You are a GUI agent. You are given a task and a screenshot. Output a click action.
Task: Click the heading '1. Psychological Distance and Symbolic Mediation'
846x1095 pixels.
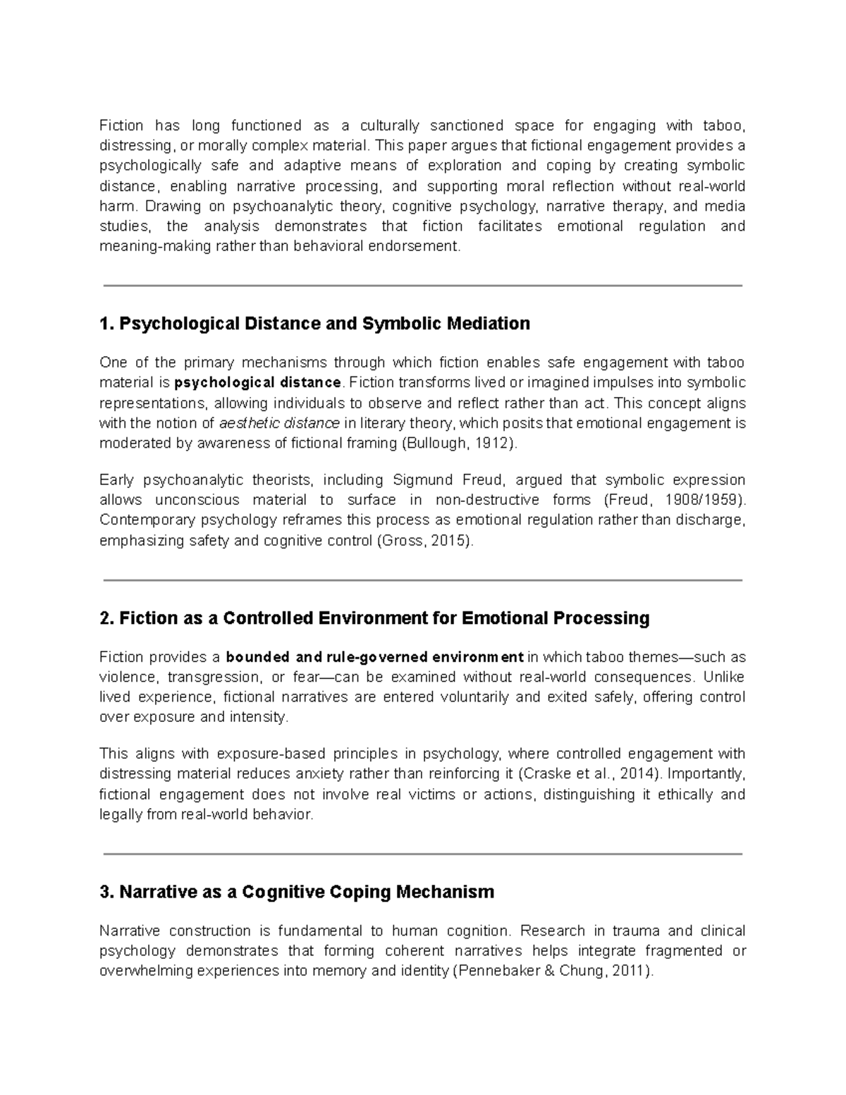pos(314,324)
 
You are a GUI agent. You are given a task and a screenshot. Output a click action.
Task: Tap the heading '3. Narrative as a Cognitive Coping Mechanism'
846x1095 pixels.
pos(297,892)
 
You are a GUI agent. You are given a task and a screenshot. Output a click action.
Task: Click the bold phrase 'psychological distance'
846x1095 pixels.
pos(257,383)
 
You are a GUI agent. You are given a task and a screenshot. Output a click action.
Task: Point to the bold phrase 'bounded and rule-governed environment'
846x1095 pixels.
pos(374,658)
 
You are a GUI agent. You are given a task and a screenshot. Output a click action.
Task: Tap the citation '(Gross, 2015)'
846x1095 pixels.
pos(426,541)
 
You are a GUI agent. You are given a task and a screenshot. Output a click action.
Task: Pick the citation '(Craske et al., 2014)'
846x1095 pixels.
pos(591,773)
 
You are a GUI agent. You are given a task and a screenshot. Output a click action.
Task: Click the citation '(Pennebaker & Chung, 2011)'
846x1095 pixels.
pos(553,971)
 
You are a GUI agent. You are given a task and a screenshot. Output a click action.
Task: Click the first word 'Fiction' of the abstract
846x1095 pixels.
pos(121,126)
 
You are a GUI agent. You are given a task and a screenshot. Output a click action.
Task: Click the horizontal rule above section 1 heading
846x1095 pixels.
pos(422,286)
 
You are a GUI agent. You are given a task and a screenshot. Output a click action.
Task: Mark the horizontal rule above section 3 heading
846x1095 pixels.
pos(422,854)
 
